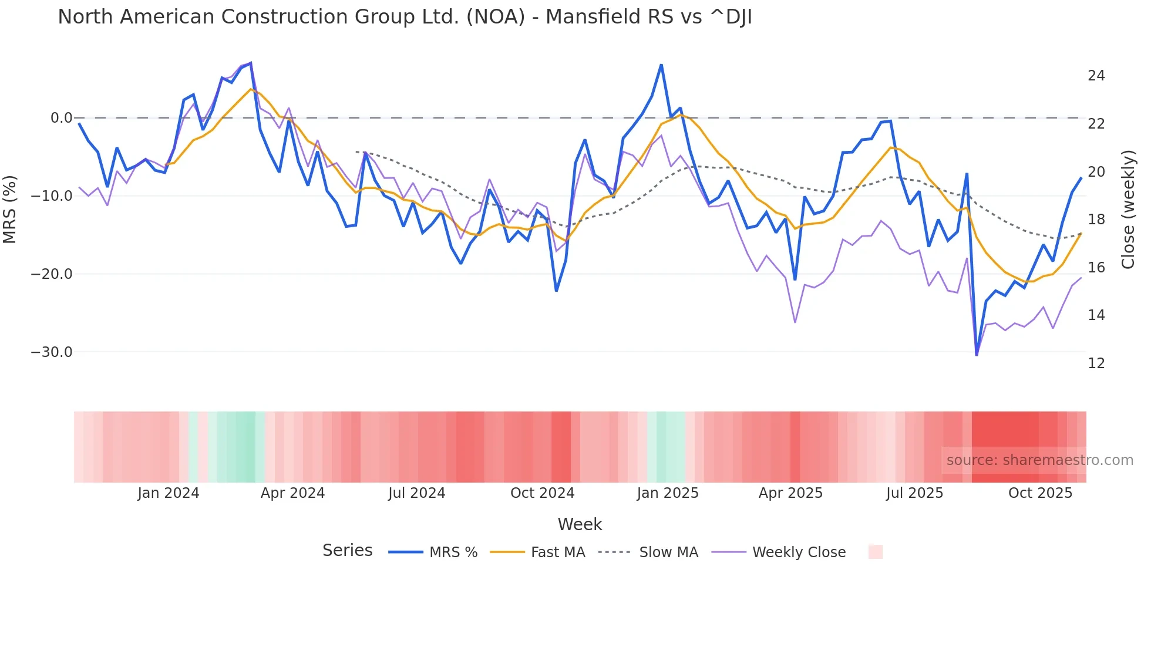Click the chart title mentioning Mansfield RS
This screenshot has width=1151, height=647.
pos(405,17)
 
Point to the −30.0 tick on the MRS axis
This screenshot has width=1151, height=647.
pos(51,352)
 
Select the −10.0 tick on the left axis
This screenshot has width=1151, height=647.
pos(51,196)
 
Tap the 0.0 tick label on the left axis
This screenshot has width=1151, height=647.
pos(61,118)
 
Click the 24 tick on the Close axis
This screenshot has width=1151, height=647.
pos(1096,76)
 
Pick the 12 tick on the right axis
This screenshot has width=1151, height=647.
pos(1096,363)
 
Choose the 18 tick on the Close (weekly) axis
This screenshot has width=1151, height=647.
pos(1096,220)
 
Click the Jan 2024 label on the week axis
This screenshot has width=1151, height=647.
pos(169,493)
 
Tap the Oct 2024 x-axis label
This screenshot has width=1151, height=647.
pos(542,493)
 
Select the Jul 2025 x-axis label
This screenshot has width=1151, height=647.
pos(914,493)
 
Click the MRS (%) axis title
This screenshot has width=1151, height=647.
pos(10,209)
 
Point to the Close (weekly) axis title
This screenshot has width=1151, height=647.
pos(1128,210)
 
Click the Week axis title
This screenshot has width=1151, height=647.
pos(580,524)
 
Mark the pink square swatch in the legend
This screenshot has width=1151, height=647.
pos(875,552)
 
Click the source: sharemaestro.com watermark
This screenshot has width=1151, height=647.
pos(1039,460)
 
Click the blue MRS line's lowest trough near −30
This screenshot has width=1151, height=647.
pos(977,355)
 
